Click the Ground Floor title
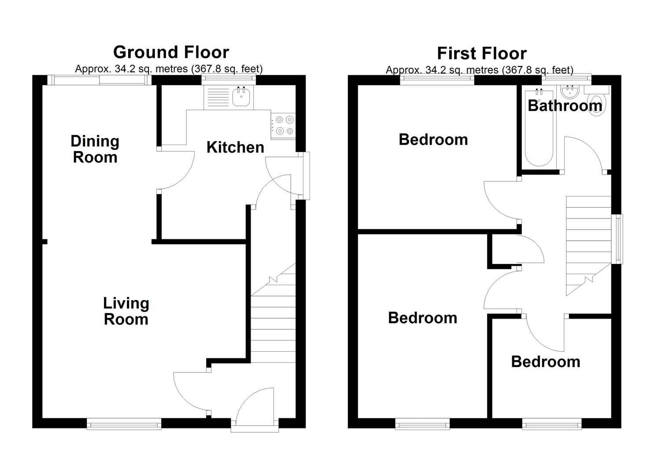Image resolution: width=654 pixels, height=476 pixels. pyautogui.click(x=171, y=52)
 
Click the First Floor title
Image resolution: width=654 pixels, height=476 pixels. pyautogui.click(x=481, y=53)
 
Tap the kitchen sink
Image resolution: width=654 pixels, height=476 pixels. pyautogui.click(x=241, y=97)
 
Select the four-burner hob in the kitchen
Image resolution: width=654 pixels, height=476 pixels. pyautogui.click(x=283, y=125)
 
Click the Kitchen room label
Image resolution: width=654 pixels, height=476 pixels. pyautogui.click(x=235, y=147)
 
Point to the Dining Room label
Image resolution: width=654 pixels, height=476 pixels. pyautogui.click(x=95, y=149)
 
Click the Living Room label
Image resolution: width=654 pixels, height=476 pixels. pyautogui.click(x=126, y=311)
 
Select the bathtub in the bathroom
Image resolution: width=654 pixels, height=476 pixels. pyautogui.click(x=539, y=128)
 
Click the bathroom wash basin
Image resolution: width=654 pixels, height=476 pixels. pyautogui.click(x=571, y=92)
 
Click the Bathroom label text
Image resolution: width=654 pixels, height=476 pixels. pyautogui.click(x=565, y=106)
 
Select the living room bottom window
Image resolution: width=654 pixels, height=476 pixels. pyautogui.click(x=124, y=424)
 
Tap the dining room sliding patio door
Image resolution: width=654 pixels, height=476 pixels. pyautogui.click(x=100, y=80)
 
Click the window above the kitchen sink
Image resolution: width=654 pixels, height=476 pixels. pyautogui.click(x=229, y=79)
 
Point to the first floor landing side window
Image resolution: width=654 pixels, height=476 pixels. pyautogui.click(x=619, y=239)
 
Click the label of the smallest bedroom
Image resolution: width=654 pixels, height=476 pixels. pyautogui.click(x=545, y=361)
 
